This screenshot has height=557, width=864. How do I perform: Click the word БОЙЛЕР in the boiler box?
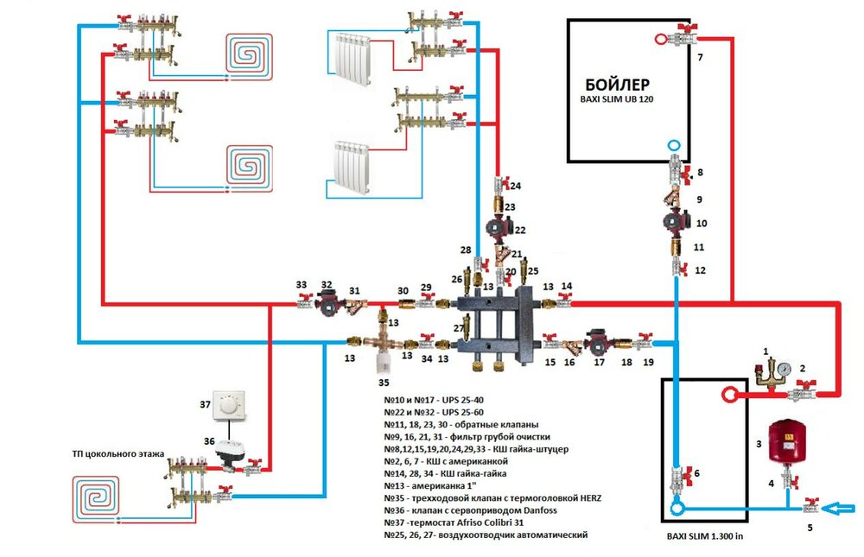[x=616, y=85]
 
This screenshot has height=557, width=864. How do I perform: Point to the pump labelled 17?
[x=597, y=342]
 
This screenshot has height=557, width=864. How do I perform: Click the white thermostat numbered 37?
[x=230, y=405]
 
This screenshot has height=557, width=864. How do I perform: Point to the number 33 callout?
[x=301, y=283]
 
